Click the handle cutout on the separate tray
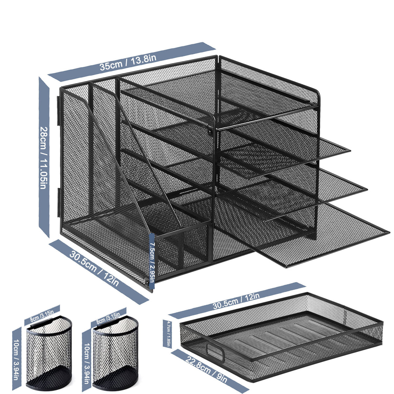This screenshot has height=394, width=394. [215, 351]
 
